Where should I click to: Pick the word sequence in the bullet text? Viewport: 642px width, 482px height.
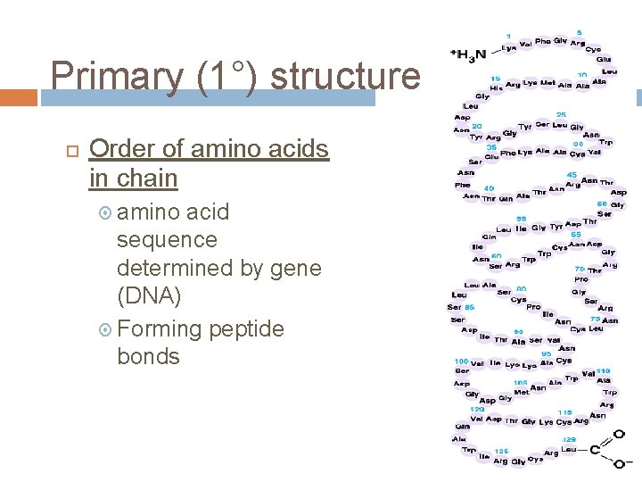click(167, 240)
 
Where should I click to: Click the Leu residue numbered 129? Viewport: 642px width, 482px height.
click(568, 451)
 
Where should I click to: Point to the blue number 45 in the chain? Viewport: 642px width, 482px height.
click(572, 175)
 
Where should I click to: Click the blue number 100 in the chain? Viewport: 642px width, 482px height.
click(462, 361)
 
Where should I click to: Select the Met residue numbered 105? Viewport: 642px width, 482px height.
click(521, 393)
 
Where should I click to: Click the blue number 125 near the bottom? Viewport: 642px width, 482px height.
click(501, 452)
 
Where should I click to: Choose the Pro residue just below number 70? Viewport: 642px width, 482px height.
click(581, 278)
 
